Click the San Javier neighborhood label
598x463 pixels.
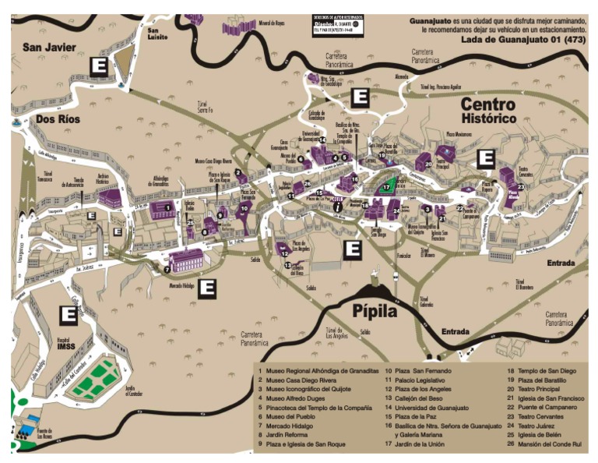[49, 48]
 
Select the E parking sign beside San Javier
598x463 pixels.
[99, 66]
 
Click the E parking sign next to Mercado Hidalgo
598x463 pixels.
[207, 288]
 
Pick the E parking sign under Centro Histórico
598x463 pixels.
[486, 159]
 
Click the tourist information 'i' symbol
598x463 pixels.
[337, 207]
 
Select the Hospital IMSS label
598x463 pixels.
[68, 346]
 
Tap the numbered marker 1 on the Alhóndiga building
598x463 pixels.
[165, 207]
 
